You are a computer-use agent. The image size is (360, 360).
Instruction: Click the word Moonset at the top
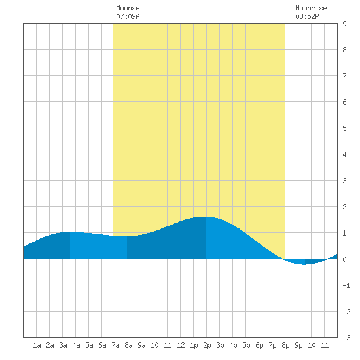pyautogui.click(x=130, y=8)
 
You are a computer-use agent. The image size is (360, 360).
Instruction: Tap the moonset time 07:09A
pyautogui.click(x=128, y=16)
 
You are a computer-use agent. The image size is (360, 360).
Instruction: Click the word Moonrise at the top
pyautogui.click(x=311, y=8)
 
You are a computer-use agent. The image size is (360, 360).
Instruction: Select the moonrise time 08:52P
pyautogui.click(x=307, y=16)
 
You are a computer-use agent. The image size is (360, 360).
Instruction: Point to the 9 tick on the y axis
pyautogui.click(x=344, y=24)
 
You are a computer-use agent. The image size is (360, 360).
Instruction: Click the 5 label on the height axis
pyautogui.click(x=344, y=128)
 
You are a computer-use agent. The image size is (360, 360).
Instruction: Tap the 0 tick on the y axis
pyautogui.click(x=344, y=259)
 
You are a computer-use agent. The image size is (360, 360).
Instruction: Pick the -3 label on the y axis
pyautogui.click(x=346, y=338)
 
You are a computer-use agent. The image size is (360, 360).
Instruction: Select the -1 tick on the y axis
pyautogui.click(x=346, y=285)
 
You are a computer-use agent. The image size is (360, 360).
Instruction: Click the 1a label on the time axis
pyautogui.click(x=37, y=345)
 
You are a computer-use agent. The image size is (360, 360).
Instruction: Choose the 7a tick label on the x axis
pyautogui.click(x=115, y=345)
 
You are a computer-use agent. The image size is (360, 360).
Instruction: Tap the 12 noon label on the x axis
pyautogui.click(x=181, y=345)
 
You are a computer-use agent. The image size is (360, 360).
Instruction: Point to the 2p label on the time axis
pyautogui.click(x=207, y=345)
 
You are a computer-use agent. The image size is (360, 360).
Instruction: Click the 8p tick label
pyautogui.click(x=285, y=345)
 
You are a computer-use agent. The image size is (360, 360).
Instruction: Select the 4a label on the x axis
pyautogui.click(x=76, y=345)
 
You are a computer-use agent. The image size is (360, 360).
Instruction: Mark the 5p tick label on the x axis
pyautogui.click(x=246, y=345)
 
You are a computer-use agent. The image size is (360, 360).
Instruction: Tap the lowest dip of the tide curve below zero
pyautogui.click(x=304, y=264)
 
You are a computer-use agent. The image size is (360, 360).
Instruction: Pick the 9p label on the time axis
pyautogui.click(x=298, y=345)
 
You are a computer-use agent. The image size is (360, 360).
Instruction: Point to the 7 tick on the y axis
pyautogui.click(x=344, y=76)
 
